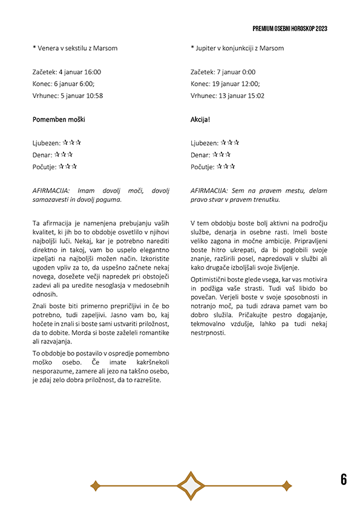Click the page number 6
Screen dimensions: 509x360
344,479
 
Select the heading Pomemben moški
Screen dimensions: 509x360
59,120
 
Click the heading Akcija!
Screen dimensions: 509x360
200,120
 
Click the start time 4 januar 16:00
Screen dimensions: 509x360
80,72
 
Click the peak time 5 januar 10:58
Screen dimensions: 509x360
82,96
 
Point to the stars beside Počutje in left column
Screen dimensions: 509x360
68,167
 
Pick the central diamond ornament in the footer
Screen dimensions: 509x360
190,485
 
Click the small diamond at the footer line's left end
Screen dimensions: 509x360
95,485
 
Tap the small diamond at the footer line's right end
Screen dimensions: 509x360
286,485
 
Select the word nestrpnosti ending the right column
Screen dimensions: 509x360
209,332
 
